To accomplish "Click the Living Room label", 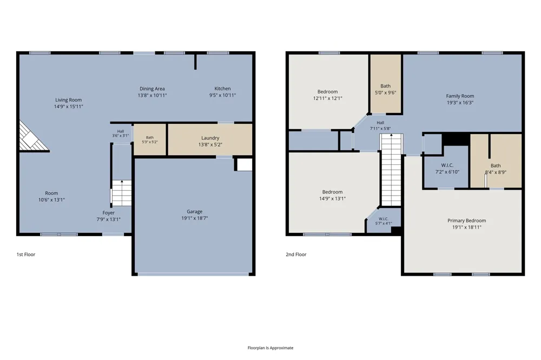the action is [68, 100].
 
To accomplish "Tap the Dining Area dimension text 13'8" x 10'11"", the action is [152, 96].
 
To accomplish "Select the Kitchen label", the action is [222, 89].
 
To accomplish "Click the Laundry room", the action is [210, 140].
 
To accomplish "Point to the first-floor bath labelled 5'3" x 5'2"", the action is [150, 139].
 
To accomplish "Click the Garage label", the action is [195, 212].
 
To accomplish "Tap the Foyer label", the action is [108, 213].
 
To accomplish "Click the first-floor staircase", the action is [121, 193].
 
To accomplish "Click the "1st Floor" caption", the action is [26, 255].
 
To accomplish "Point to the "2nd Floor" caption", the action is [296, 255].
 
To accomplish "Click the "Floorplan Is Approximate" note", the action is [270, 348].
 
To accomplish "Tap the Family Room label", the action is [460, 96].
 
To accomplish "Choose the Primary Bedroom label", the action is [466, 221].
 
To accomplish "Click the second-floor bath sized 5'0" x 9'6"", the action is [386, 84].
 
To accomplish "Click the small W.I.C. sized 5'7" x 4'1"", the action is [384, 220].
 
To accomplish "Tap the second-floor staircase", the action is [391, 170].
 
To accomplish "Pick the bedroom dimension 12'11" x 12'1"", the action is [328, 98].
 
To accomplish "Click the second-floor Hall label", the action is [380, 123].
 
